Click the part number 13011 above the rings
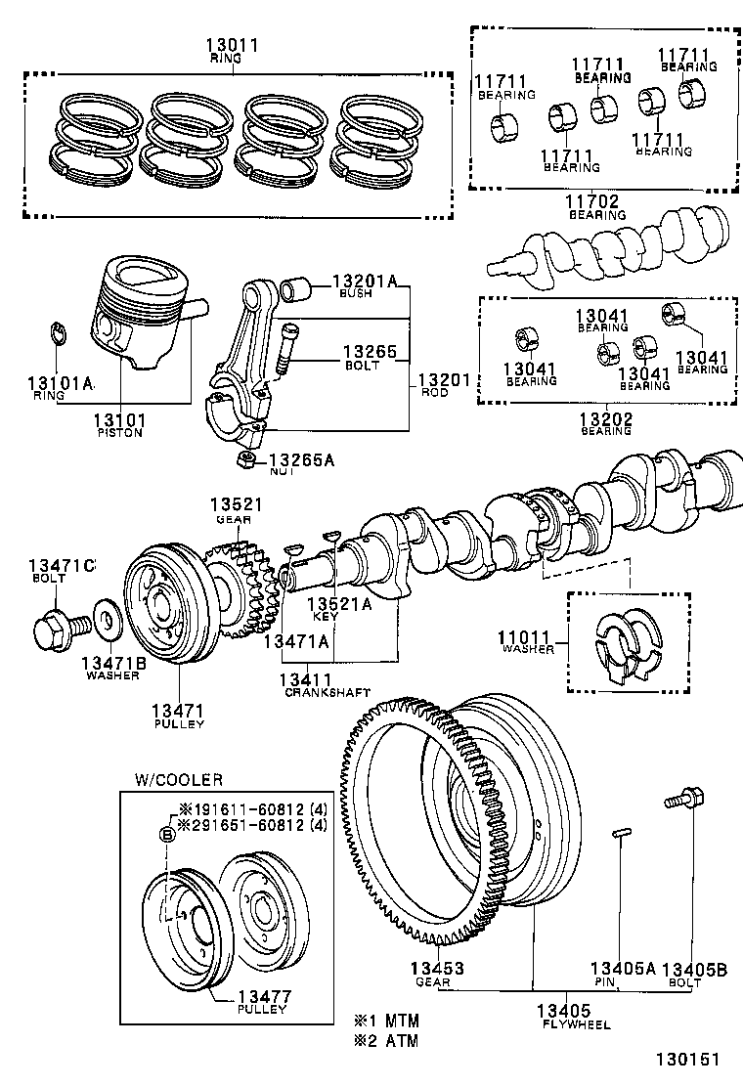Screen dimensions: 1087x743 click(226, 45)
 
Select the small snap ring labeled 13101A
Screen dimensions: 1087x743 click(58, 333)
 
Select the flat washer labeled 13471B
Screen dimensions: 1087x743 click(103, 619)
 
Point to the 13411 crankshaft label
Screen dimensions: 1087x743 click(306, 679)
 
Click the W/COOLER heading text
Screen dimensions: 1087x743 click(178, 779)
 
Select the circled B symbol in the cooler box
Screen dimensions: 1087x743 click(166, 833)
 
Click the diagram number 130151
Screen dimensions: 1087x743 click(687, 1060)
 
